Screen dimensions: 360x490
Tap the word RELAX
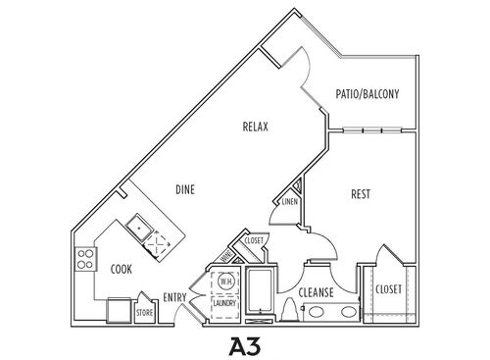point(257,128)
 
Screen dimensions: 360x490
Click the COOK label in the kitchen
point(122,268)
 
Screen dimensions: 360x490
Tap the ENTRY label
point(176,298)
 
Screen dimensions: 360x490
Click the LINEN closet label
point(290,202)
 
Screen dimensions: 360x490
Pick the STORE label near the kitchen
point(144,313)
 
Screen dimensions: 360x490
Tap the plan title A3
point(246,345)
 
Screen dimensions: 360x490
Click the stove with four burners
point(86,261)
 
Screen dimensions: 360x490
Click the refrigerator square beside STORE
point(120,312)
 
